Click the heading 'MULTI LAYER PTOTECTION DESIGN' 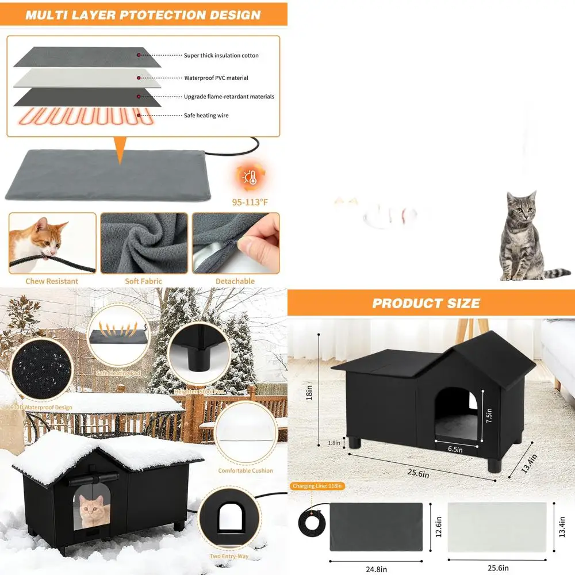click(x=143, y=15)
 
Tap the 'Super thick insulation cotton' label click(x=221, y=56)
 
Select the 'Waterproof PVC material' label click(x=216, y=78)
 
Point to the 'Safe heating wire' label click(x=206, y=116)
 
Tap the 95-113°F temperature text click(x=249, y=202)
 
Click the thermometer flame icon click(x=250, y=178)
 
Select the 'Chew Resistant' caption click(x=52, y=281)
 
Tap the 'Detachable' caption click(x=235, y=281)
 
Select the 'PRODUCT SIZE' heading click(x=426, y=303)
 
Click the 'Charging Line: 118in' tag click(x=318, y=486)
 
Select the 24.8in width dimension click(x=375, y=568)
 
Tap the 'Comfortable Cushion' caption click(x=246, y=470)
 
